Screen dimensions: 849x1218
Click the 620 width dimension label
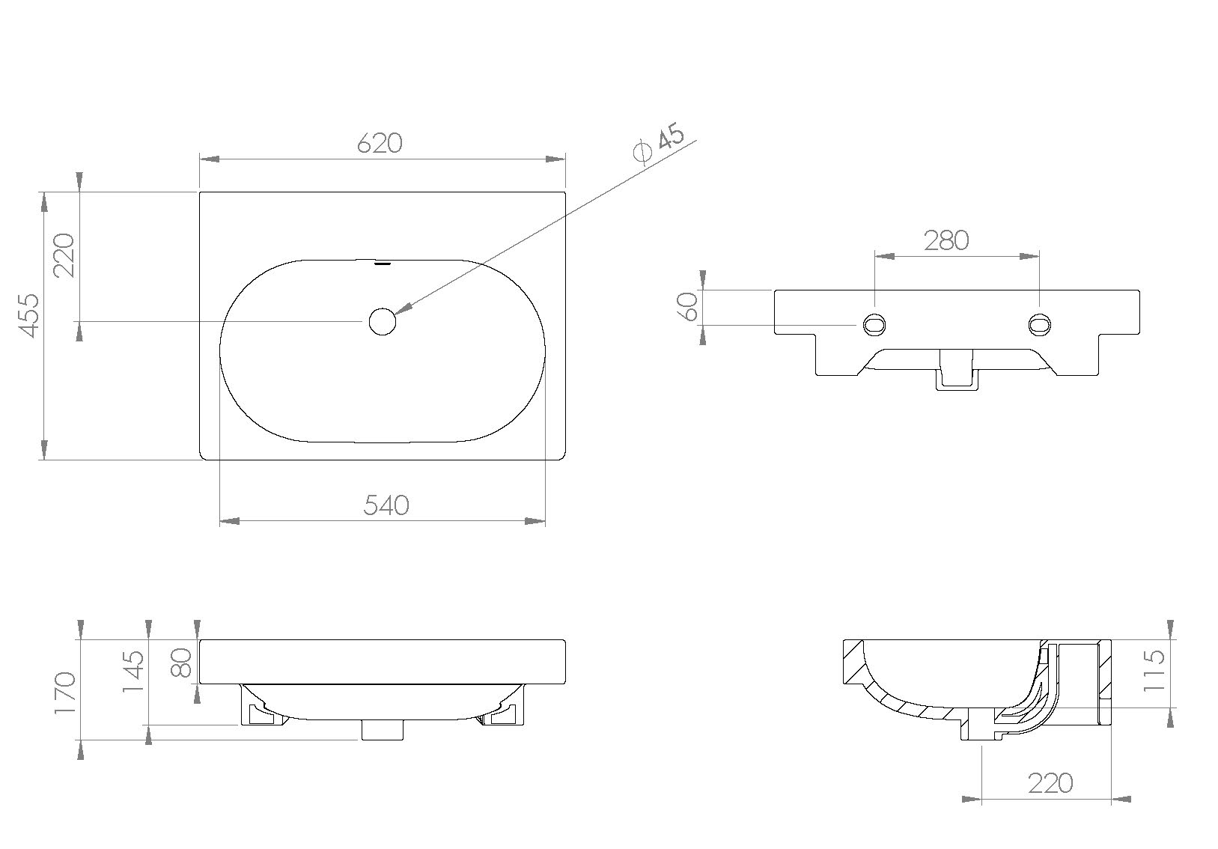pos(380,143)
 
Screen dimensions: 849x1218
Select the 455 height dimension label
pos(28,315)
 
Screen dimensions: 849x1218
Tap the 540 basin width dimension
pos(386,505)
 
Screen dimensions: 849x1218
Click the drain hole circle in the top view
pos(382,321)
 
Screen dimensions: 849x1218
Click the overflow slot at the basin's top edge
pos(383,264)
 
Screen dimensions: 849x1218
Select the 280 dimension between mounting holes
pos(946,240)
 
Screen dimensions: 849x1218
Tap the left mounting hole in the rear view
pos(874,324)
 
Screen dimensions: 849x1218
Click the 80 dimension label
pos(182,662)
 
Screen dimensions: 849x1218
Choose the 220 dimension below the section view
pos(1050,783)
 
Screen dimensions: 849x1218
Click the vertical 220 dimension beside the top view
pos(64,255)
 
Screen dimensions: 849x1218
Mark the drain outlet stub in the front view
pos(383,729)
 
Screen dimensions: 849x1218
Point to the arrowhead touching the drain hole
pos(402,309)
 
